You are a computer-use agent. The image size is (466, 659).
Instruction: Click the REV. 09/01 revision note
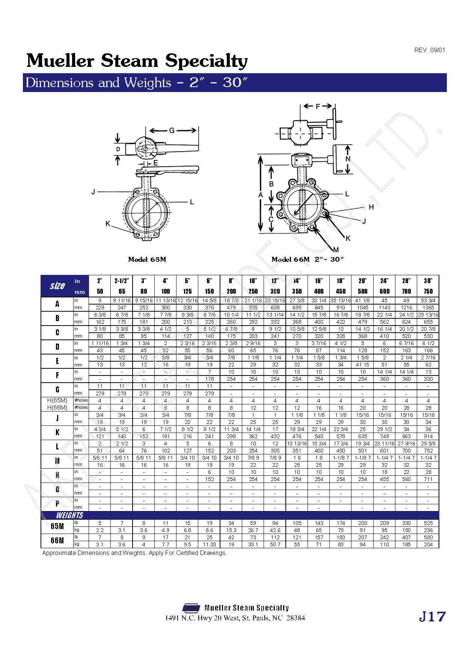(x=430, y=50)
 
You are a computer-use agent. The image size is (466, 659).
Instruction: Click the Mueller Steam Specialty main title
(x=137, y=60)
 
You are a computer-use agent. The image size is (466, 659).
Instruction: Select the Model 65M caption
(x=147, y=259)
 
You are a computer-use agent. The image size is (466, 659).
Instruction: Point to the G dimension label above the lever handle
(x=172, y=130)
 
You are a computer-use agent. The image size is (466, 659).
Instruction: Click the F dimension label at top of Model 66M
(x=318, y=106)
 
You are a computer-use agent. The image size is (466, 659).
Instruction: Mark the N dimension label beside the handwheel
(x=348, y=158)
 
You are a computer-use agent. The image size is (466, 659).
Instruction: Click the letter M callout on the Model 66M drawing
(x=336, y=249)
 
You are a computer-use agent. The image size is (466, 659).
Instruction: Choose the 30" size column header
(x=428, y=281)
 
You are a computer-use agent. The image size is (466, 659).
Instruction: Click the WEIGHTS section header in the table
(x=69, y=515)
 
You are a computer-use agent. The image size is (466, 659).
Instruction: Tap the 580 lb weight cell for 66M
(x=428, y=537)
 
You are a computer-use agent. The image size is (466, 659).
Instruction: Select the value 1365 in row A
(x=428, y=307)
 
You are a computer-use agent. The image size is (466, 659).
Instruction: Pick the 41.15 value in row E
(x=362, y=365)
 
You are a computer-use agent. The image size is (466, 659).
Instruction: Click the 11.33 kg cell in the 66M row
(x=209, y=544)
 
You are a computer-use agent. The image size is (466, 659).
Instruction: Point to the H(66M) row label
(x=57, y=407)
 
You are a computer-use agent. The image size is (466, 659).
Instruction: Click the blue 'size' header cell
(x=57, y=286)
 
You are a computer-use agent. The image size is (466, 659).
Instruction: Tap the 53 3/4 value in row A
(x=428, y=300)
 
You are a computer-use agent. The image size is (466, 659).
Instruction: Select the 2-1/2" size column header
(x=122, y=281)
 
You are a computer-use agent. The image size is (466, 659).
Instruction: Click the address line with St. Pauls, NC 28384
(x=235, y=618)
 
